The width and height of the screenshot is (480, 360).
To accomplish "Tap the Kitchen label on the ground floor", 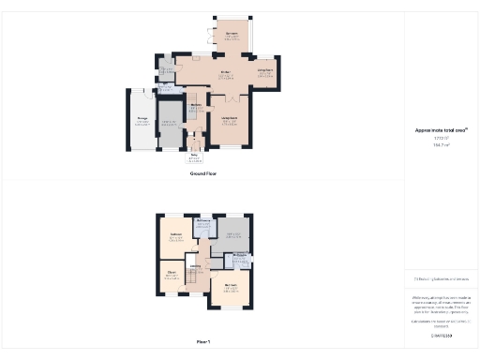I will tap(199, 72).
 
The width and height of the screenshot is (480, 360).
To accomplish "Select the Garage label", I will tap(142, 120).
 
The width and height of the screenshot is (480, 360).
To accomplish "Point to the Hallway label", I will tap(196, 106).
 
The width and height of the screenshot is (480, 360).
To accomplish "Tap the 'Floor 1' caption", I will tap(202, 342).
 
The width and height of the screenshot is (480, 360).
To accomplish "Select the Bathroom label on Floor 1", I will tap(202, 219).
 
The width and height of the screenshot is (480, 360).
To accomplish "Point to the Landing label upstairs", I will tap(197, 266).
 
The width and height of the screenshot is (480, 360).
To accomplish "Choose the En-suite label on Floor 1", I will tap(239, 255).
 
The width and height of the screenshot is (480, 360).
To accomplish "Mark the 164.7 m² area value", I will tap(441, 145).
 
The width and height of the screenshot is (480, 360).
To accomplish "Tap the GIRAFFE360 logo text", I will tap(441, 335).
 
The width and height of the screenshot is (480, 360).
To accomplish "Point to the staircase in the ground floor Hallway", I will tap(192, 97).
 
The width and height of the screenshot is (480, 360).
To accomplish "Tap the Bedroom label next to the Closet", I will tap(175, 237).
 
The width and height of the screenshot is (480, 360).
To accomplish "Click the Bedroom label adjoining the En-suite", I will tap(231, 286).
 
